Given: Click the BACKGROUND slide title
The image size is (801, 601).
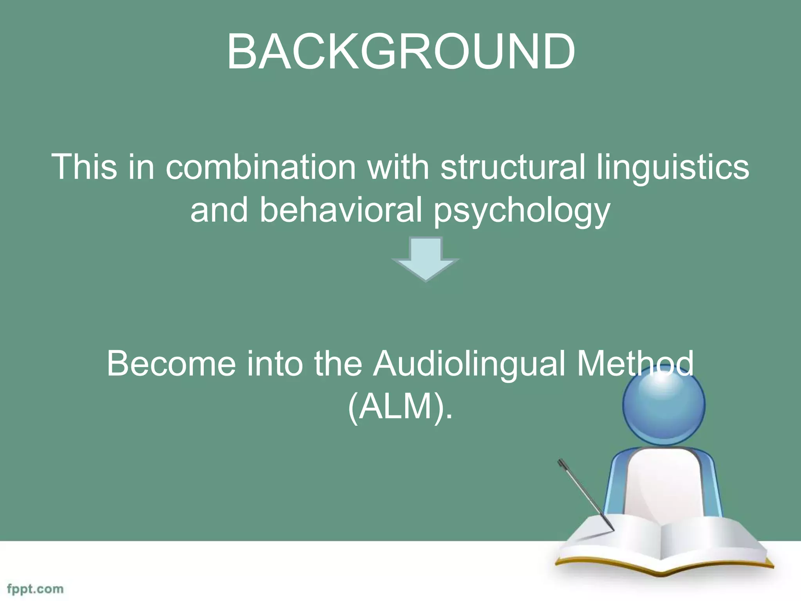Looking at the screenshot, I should [x=400, y=52].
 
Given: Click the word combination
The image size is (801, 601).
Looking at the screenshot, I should [x=260, y=167].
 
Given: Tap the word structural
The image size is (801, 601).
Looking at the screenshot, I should [x=513, y=167].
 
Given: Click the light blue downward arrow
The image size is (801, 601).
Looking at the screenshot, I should [x=426, y=259].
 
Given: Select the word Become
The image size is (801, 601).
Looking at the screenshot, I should [x=171, y=364].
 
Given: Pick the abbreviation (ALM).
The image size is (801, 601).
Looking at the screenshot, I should [x=400, y=407].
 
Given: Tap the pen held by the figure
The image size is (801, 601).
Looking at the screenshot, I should [x=585, y=495].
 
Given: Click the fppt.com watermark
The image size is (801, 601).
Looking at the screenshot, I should [x=35, y=589].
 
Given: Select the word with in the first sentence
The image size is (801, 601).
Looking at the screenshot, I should [x=398, y=167].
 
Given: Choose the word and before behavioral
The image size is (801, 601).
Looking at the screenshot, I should [x=219, y=210].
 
